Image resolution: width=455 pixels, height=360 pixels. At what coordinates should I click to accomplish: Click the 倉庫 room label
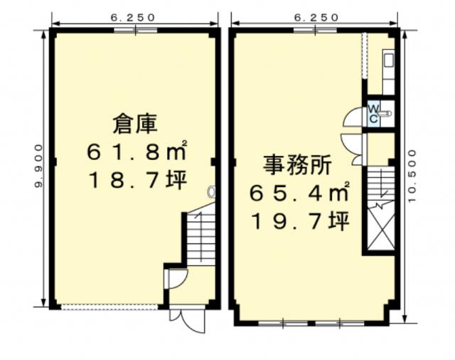click(135, 124)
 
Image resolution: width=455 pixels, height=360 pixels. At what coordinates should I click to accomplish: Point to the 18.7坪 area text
click(137, 180)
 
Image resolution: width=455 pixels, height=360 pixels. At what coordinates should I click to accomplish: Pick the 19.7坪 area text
click(301, 221)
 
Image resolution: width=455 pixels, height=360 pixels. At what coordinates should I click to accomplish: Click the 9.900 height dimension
click(38, 166)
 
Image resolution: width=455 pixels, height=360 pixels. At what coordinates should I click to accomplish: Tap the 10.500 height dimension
click(412, 176)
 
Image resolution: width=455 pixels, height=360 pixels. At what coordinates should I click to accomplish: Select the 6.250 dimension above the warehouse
click(133, 17)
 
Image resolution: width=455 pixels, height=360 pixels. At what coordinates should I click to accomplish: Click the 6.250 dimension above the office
click(316, 17)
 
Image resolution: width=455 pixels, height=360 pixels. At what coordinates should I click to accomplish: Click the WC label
click(373, 114)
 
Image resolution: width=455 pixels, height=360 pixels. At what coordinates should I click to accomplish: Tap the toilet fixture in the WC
click(385, 113)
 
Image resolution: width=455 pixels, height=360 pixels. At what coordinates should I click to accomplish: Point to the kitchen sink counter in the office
click(388, 72)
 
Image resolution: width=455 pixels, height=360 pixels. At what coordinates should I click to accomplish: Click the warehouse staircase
click(200, 235)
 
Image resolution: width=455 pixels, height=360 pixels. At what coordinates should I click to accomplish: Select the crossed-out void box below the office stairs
click(381, 228)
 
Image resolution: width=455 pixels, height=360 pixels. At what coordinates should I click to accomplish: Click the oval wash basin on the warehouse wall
click(212, 191)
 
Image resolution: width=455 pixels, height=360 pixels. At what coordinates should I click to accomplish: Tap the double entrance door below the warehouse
click(188, 319)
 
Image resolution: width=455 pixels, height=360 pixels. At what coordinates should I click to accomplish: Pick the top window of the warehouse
click(135, 30)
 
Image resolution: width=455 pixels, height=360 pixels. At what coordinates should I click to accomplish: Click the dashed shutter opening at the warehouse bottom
click(109, 307)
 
